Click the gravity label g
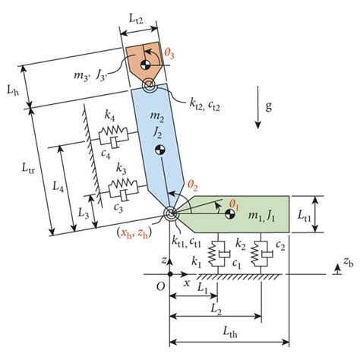click(x=269, y=106)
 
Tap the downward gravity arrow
click(x=257, y=107)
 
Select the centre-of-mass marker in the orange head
click(x=146, y=65)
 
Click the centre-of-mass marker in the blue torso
click(x=160, y=150)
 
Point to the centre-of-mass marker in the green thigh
click(x=230, y=214)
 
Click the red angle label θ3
click(x=169, y=55)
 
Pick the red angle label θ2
click(x=192, y=186)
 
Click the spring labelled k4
click(x=113, y=131)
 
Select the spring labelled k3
click(x=123, y=183)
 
